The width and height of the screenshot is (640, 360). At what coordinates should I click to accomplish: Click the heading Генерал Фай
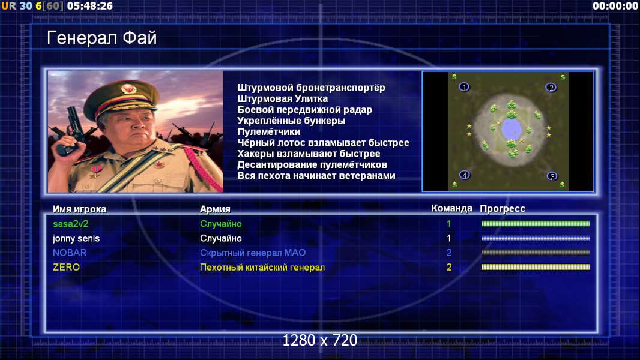(101, 38)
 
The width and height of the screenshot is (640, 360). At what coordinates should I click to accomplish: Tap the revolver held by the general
(72, 130)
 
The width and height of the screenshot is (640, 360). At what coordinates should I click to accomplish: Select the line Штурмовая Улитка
(282, 98)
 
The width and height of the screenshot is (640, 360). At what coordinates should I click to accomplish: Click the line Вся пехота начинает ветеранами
(316, 176)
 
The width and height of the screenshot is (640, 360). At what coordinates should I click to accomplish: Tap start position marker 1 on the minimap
(464, 87)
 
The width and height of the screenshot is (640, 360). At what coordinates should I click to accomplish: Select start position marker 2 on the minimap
(551, 87)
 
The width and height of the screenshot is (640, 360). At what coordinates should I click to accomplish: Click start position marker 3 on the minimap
(552, 176)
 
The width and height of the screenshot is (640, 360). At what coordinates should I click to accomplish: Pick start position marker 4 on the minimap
(465, 175)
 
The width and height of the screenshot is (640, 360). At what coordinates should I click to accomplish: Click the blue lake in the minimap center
(510, 129)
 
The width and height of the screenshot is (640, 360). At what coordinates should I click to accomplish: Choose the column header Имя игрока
(80, 209)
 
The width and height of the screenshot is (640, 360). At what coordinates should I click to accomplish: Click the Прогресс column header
(503, 209)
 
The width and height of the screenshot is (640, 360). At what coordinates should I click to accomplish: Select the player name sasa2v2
(71, 224)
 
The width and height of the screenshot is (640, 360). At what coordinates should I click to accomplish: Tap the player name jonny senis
(76, 239)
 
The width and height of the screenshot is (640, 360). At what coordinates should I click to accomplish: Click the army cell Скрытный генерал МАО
(253, 253)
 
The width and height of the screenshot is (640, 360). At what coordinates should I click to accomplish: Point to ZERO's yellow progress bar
(536, 267)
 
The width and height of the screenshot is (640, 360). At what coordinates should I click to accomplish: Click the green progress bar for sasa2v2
(536, 223)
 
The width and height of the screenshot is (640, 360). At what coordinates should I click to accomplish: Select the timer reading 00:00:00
(615, 6)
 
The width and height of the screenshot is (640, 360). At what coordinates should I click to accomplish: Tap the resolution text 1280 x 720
(320, 340)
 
